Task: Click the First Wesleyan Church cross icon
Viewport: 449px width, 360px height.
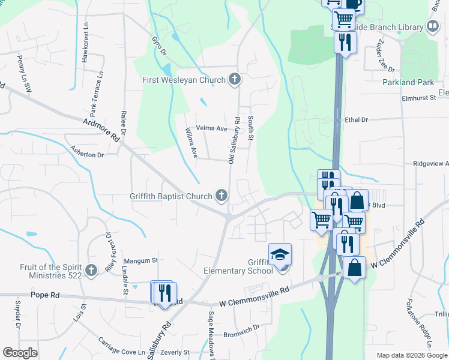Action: [x=235, y=79]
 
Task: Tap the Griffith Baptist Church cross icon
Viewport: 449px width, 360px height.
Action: [x=221, y=196]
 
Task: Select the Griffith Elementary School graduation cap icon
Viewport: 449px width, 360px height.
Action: [x=280, y=254]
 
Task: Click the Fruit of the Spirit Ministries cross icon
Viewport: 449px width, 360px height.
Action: [x=91, y=270]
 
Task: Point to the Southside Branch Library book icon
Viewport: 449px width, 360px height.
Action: [x=432, y=26]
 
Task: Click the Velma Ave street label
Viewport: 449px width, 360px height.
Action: [x=213, y=128]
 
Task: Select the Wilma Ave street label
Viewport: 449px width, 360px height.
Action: [x=191, y=143]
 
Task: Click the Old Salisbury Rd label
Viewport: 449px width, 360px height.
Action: [x=234, y=139]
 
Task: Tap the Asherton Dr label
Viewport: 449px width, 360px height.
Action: [x=87, y=150]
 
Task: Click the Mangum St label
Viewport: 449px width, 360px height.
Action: [x=140, y=260]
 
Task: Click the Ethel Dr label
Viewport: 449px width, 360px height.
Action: [x=357, y=120]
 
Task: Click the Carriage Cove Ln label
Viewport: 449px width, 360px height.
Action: [x=122, y=346]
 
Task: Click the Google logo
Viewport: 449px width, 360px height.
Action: [x=20, y=352]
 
